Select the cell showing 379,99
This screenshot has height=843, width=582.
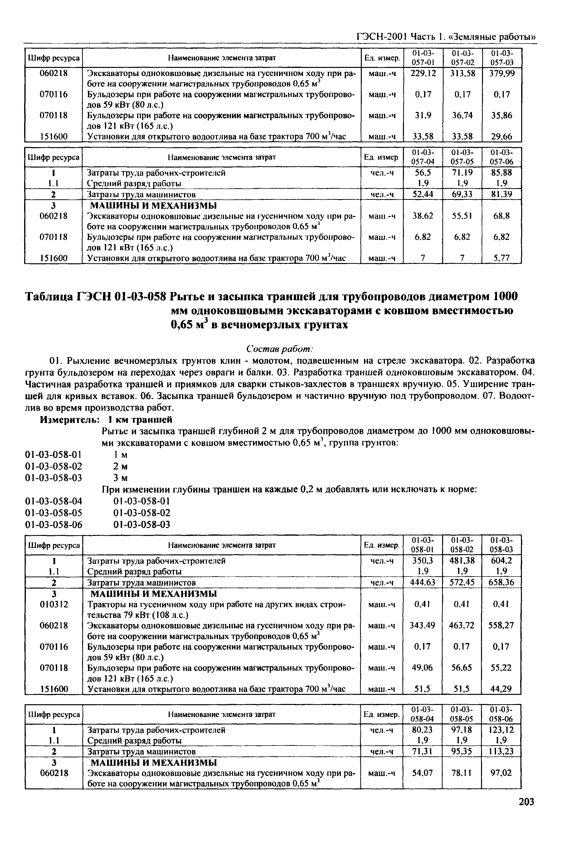pos(502,74)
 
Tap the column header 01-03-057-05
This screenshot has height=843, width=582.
pos(462,157)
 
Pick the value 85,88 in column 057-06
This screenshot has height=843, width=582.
pos(502,172)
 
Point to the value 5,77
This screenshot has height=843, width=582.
pos(502,258)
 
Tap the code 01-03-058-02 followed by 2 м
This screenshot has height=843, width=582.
pos(54,466)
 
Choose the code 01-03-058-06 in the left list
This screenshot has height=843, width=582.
pos(54,525)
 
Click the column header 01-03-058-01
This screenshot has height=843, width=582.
pos(423,545)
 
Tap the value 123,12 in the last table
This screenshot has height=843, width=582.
pos(502,730)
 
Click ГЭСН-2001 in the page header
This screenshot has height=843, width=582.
pos(382,36)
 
